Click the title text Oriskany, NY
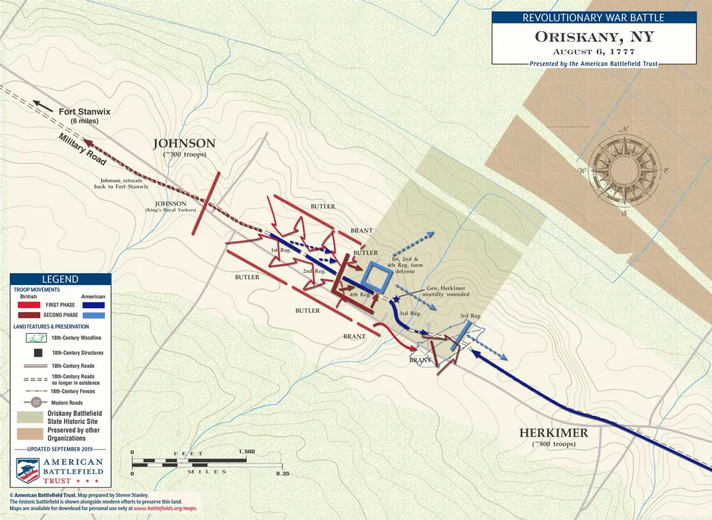(594, 37)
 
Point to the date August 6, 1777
(594, 51)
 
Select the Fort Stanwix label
(85, 112)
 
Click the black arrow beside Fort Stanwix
(43, 106)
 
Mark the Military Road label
(81, 150)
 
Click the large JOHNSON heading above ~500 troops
(184, 144)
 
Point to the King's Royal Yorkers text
(170, 210)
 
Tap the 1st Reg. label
(280, 250)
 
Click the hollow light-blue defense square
(377, 278)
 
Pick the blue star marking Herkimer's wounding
(397, 298)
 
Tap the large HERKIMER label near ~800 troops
(553, 433)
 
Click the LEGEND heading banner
(60, 279)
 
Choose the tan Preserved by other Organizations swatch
(29, 434)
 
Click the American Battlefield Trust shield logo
(28, 470)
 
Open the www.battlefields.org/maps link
(165, 509)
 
